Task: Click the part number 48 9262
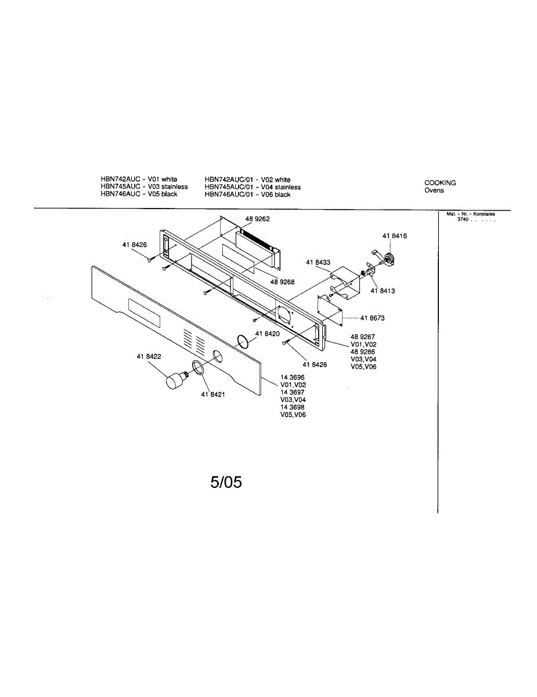[x=257, y=219]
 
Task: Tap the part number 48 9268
[x=282, y=282]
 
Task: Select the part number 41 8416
[x=394, y=236]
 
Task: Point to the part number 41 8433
[x=318, y=263]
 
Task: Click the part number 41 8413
[x=383, y=290]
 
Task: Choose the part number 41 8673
[x=372, y=318]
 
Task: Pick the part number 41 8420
[x=268, y=334]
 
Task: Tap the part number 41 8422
[x=149, y=356]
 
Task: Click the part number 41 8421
[x=213, y=394]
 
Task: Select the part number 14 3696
[x=292, y=378]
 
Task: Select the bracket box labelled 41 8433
[x=345, y=282]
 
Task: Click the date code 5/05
[x=226, y=482]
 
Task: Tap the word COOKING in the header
[x=440, y=182]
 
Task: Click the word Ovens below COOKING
[x=434, y=191]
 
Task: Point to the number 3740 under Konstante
[x=463, y=219]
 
